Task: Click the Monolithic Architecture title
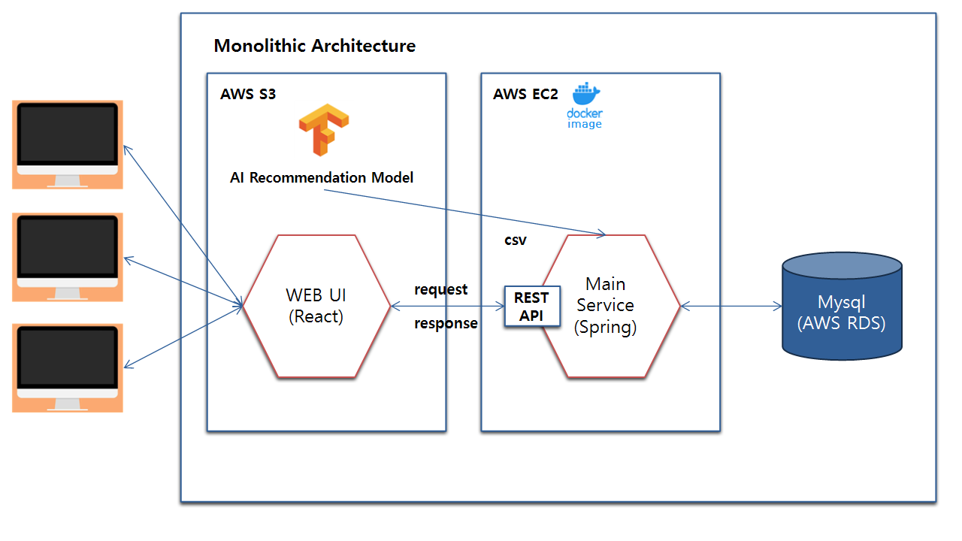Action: tap(314, 46)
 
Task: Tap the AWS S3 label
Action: tap(248, 95)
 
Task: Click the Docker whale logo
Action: tap(586, 95)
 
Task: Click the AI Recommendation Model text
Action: tap(322, 178)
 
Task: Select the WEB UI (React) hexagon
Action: tap(316, 306)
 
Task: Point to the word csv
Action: tap(516, 241)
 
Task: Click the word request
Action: tap(441, 290)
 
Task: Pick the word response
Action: tap(446, 324)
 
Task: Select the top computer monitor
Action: tap(68, 144)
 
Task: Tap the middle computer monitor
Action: tap(68, 256)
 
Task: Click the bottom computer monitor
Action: tap(68, 367)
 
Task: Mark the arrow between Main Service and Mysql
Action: tap(731, 306)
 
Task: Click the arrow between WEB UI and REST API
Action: tap(448, 307)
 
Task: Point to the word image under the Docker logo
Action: tap(585, 124)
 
